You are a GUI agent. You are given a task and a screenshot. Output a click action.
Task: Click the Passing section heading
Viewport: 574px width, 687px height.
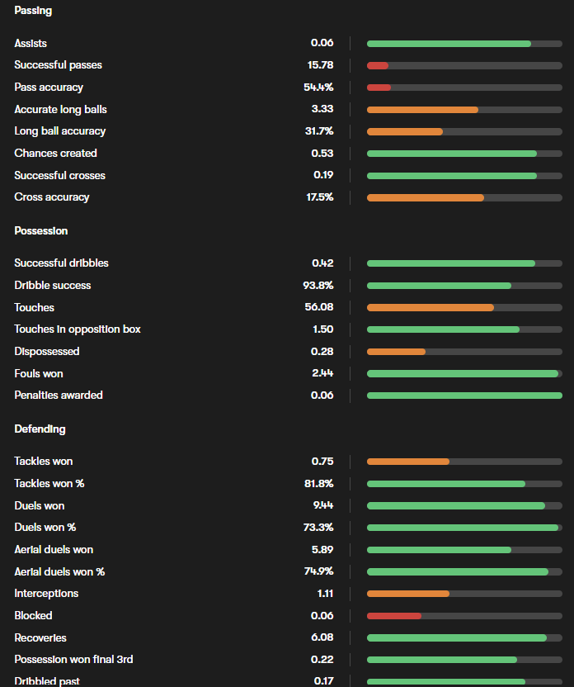coord(33,11)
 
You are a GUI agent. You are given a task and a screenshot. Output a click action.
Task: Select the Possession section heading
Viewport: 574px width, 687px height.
coord(41,231)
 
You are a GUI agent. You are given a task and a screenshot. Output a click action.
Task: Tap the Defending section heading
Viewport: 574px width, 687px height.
coord(40,429)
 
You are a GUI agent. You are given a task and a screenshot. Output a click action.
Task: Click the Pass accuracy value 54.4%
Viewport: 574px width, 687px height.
coord(318,88)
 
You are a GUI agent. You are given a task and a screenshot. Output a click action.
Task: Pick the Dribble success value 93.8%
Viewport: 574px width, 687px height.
coord(318,286)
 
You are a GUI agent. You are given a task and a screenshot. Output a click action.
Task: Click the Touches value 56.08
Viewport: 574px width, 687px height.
coord(319,308)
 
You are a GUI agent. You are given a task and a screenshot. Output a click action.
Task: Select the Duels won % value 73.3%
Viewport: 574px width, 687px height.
coord(318,528)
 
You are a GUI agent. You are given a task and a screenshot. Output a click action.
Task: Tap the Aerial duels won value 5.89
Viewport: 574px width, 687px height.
coord(322,550)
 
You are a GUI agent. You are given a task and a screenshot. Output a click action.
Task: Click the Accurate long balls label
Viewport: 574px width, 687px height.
coord(60,110)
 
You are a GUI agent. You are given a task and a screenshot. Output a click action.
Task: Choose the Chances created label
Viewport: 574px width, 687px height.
coord(55,154)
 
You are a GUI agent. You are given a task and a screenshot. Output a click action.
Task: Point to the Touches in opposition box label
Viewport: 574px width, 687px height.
coord(78,329)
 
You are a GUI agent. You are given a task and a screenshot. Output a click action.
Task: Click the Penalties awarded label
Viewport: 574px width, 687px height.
coord(59,396)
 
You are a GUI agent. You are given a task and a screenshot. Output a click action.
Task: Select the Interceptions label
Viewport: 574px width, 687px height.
coord(46,594)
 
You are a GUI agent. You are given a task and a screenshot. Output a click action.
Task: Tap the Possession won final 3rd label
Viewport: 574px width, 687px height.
coord(73,660)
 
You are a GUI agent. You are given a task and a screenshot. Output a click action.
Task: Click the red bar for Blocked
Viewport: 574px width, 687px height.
coord(394,616)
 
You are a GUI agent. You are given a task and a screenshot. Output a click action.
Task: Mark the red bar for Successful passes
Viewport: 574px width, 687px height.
coord(378,65)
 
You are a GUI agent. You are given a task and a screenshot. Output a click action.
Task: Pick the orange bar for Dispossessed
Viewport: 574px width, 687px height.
coord(396,352)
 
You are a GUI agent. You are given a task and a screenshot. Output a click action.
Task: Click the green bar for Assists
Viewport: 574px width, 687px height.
coord(449,43)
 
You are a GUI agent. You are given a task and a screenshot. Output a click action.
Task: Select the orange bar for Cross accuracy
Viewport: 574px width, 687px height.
coord(426,197)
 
